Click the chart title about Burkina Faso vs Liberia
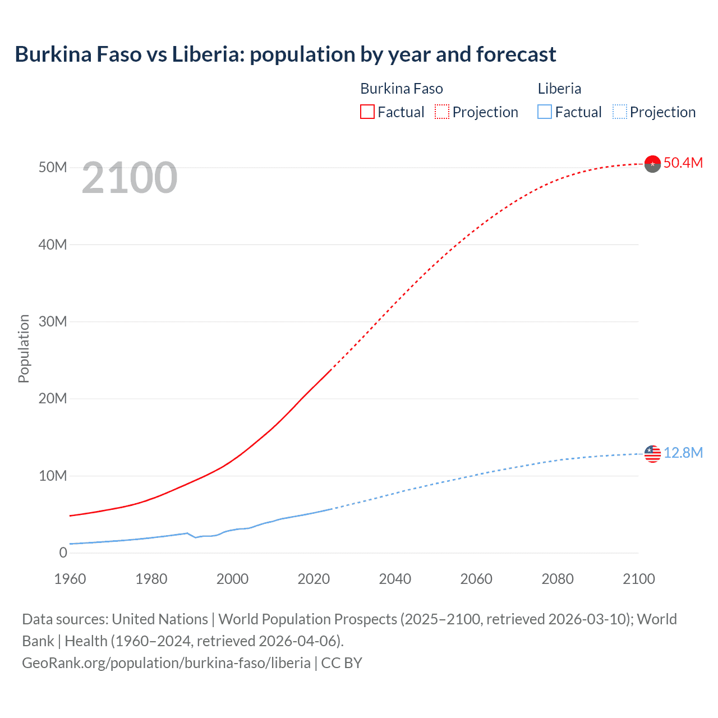[285, 54]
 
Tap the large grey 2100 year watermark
[130, 178]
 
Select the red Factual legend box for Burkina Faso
[367, 112]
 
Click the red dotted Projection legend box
[442, 112]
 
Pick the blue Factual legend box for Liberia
[544, 112]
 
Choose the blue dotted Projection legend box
[620, 112]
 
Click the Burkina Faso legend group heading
[401, 89]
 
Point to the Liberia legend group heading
[559, 89]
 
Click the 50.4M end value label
[683, 163]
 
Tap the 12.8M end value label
[683, 453]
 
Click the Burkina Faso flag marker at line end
[652, 164]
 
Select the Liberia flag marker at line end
[652, 454]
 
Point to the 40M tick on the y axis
[53, 245]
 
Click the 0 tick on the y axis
[63, 553]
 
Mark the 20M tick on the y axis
[53, 399]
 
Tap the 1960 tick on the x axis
[70, 579]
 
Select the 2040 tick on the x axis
[395, 579]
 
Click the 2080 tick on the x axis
[558, 579]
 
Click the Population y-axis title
[24, 348]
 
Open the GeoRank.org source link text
[166, 663]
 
